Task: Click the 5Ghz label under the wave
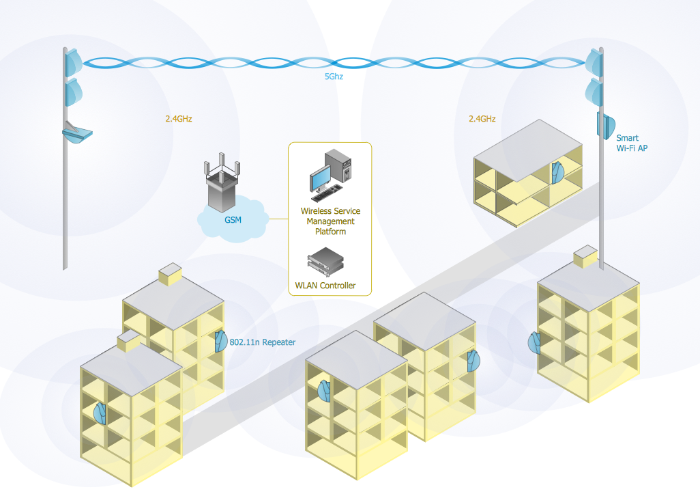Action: (x=334, y=77)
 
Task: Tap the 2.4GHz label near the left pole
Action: (x=179, y=118)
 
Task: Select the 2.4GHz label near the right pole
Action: (x=482, y=118)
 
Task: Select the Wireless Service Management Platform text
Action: (x=331, y=221)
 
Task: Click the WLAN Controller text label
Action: (x=325, y=286)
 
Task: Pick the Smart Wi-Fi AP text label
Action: (x=628, y=143)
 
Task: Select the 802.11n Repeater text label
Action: (x=263, y=342)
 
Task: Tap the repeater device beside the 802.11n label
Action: (x=221, y=340)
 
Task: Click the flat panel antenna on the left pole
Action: (x=78, y=132)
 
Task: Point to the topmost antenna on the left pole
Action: (x=72, y=62)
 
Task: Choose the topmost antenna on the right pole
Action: (x=596, y=62)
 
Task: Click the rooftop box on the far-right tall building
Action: (x=585, y=258)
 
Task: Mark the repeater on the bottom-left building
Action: (x=100, y=413)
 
